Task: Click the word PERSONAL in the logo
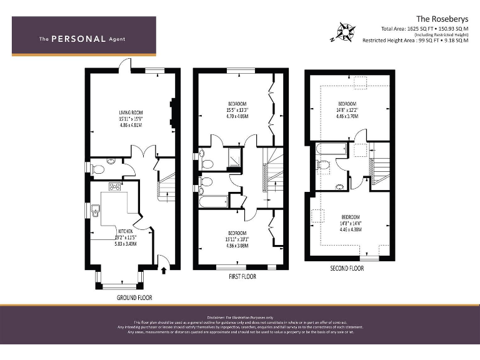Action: (x=79, y=39)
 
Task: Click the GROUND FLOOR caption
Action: (x=134, y=297)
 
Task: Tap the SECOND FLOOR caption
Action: (x=347, y=268)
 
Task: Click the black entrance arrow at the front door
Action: (x=164, y=269)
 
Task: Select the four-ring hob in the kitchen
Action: (x=116, y=186)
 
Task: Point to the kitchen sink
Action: (x=96, y=210)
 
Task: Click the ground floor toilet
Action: (x=96, y=167)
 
